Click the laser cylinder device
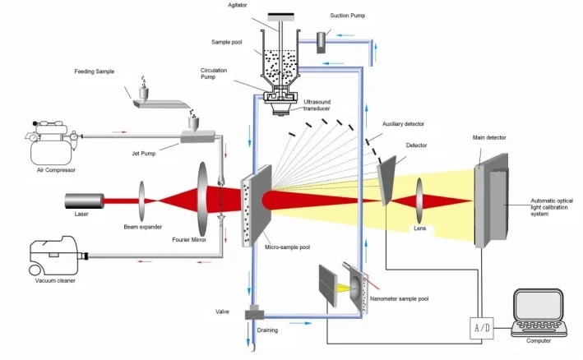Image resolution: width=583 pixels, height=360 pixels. [85, 201]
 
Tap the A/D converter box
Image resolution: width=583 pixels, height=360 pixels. [482, 328]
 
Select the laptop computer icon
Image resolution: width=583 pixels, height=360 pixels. [539, 313]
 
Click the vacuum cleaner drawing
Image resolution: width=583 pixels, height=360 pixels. [58, 256]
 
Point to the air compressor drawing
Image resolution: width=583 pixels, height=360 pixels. [52, 142]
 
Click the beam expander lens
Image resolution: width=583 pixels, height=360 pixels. [141, 201]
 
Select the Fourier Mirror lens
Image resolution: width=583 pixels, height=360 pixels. [202, 199]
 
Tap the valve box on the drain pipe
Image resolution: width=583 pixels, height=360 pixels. [254, 313]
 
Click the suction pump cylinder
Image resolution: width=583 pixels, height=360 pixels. [321, 43]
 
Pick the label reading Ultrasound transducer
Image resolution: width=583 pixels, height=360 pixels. [317, 105]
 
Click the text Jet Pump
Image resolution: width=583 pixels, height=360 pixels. [144, 154]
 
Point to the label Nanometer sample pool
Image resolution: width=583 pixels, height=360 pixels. [399, 298]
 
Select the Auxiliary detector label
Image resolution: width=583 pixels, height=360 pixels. [403, 124]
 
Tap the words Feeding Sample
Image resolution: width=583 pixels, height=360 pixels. [95, 72]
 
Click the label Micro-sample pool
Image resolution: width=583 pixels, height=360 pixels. [287, 247]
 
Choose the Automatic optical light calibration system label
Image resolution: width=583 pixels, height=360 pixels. [552, 207]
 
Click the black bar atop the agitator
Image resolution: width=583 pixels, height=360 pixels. [280, 16]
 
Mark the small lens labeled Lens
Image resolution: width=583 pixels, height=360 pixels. [419, 201]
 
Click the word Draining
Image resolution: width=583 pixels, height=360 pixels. [267, 330]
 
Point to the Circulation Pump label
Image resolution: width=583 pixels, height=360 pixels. [214, 73]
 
